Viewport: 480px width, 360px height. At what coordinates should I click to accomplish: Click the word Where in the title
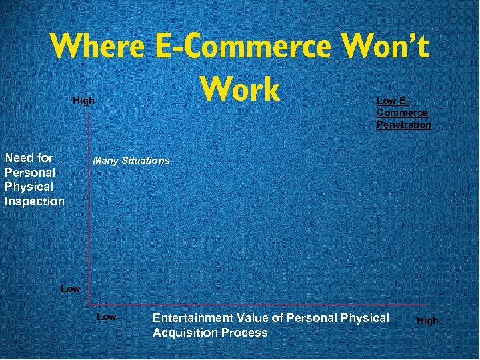(x=97, y=46)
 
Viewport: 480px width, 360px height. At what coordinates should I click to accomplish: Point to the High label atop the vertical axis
(x=83, y=101)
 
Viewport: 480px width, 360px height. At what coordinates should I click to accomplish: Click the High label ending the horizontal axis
(x=427, y=321)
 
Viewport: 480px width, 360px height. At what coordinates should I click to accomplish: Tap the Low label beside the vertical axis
(x=70, y=289)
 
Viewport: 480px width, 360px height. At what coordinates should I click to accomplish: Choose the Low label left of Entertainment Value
(x=107, y=317)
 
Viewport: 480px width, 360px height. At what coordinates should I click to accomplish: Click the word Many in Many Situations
(x=105, y=161)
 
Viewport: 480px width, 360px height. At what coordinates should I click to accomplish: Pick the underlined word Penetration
(x=403, y=125)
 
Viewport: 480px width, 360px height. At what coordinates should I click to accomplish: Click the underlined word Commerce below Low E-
(x=402, y=113)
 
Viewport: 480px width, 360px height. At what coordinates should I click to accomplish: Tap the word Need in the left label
(x=19, y=158)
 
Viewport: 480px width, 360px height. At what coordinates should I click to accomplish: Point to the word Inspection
(x=35, y=201)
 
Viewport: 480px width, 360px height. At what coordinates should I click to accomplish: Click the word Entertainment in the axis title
(x=193, y=318)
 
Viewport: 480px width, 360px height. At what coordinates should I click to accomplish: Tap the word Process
(x=246, y=332)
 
